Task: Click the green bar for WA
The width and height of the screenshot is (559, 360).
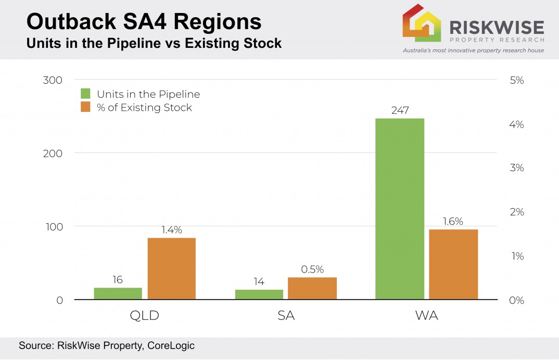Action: [399, 209]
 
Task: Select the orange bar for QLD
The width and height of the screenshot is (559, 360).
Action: [171, 268]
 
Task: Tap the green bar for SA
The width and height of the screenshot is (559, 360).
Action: [259, 294]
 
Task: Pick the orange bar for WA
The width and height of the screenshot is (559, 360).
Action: [453, 264]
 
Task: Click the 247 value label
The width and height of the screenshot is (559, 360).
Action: [400, 110]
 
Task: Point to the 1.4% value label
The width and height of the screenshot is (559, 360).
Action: [171, 230]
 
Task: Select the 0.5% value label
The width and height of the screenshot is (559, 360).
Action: [312, 269]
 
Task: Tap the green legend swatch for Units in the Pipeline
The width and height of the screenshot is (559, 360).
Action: [86, 94]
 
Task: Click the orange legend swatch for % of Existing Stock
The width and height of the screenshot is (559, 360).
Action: [86, 108]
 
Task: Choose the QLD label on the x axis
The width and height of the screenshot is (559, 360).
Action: [145, 316]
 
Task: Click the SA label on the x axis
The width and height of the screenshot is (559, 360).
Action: [286, 316]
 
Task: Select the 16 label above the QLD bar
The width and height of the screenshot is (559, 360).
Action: [118, 280]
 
